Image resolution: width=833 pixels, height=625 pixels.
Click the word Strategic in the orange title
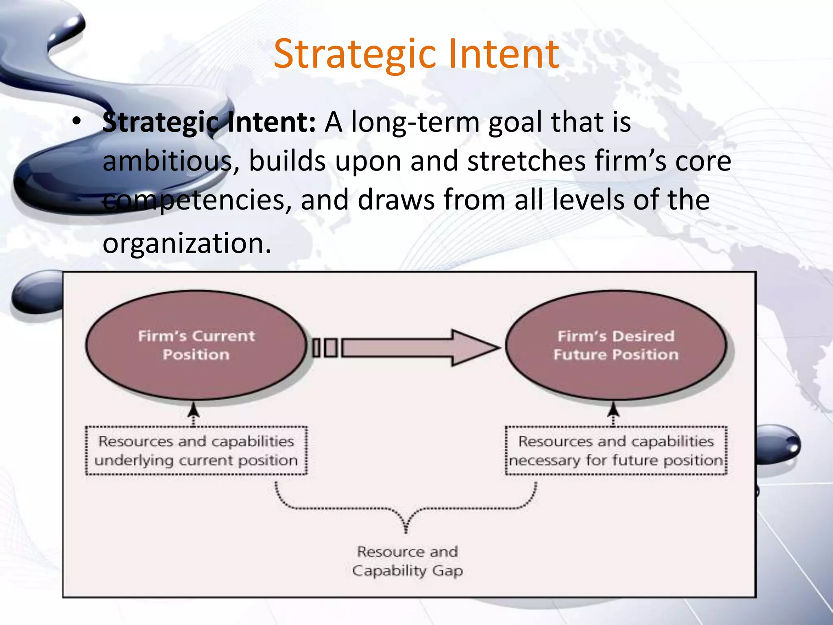pos(355,54)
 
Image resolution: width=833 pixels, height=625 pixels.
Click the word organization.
pos(187,243)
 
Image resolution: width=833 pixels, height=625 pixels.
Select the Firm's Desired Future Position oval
pos(616,345)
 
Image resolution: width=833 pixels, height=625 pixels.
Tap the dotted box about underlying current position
pos(196,450)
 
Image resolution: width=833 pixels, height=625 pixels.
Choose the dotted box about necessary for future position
pos(616,450)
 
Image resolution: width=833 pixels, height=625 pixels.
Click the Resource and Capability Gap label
pos(407,561)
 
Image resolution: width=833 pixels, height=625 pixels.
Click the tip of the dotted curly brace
pos(406,529)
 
